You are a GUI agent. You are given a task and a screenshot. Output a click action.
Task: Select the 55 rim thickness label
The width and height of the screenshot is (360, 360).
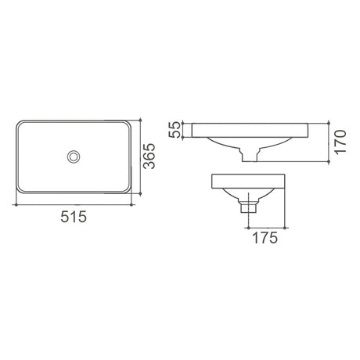[x=175, y=130]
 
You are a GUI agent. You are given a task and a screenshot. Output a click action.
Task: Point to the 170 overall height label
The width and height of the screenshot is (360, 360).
[x=337, y=142]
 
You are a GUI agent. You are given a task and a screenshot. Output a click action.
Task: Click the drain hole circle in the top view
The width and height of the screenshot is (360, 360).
[x=74, y=157]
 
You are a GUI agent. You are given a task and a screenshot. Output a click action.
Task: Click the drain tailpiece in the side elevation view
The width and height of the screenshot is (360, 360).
[x=247, y=207]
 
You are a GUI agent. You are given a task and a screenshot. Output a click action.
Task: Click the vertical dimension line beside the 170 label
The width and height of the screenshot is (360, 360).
[x=326, y=142]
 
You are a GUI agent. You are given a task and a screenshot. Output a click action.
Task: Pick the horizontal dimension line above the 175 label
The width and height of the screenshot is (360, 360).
[x=268, y=224]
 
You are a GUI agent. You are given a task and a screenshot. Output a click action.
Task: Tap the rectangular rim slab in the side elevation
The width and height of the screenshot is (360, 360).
[x=250, y=183]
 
